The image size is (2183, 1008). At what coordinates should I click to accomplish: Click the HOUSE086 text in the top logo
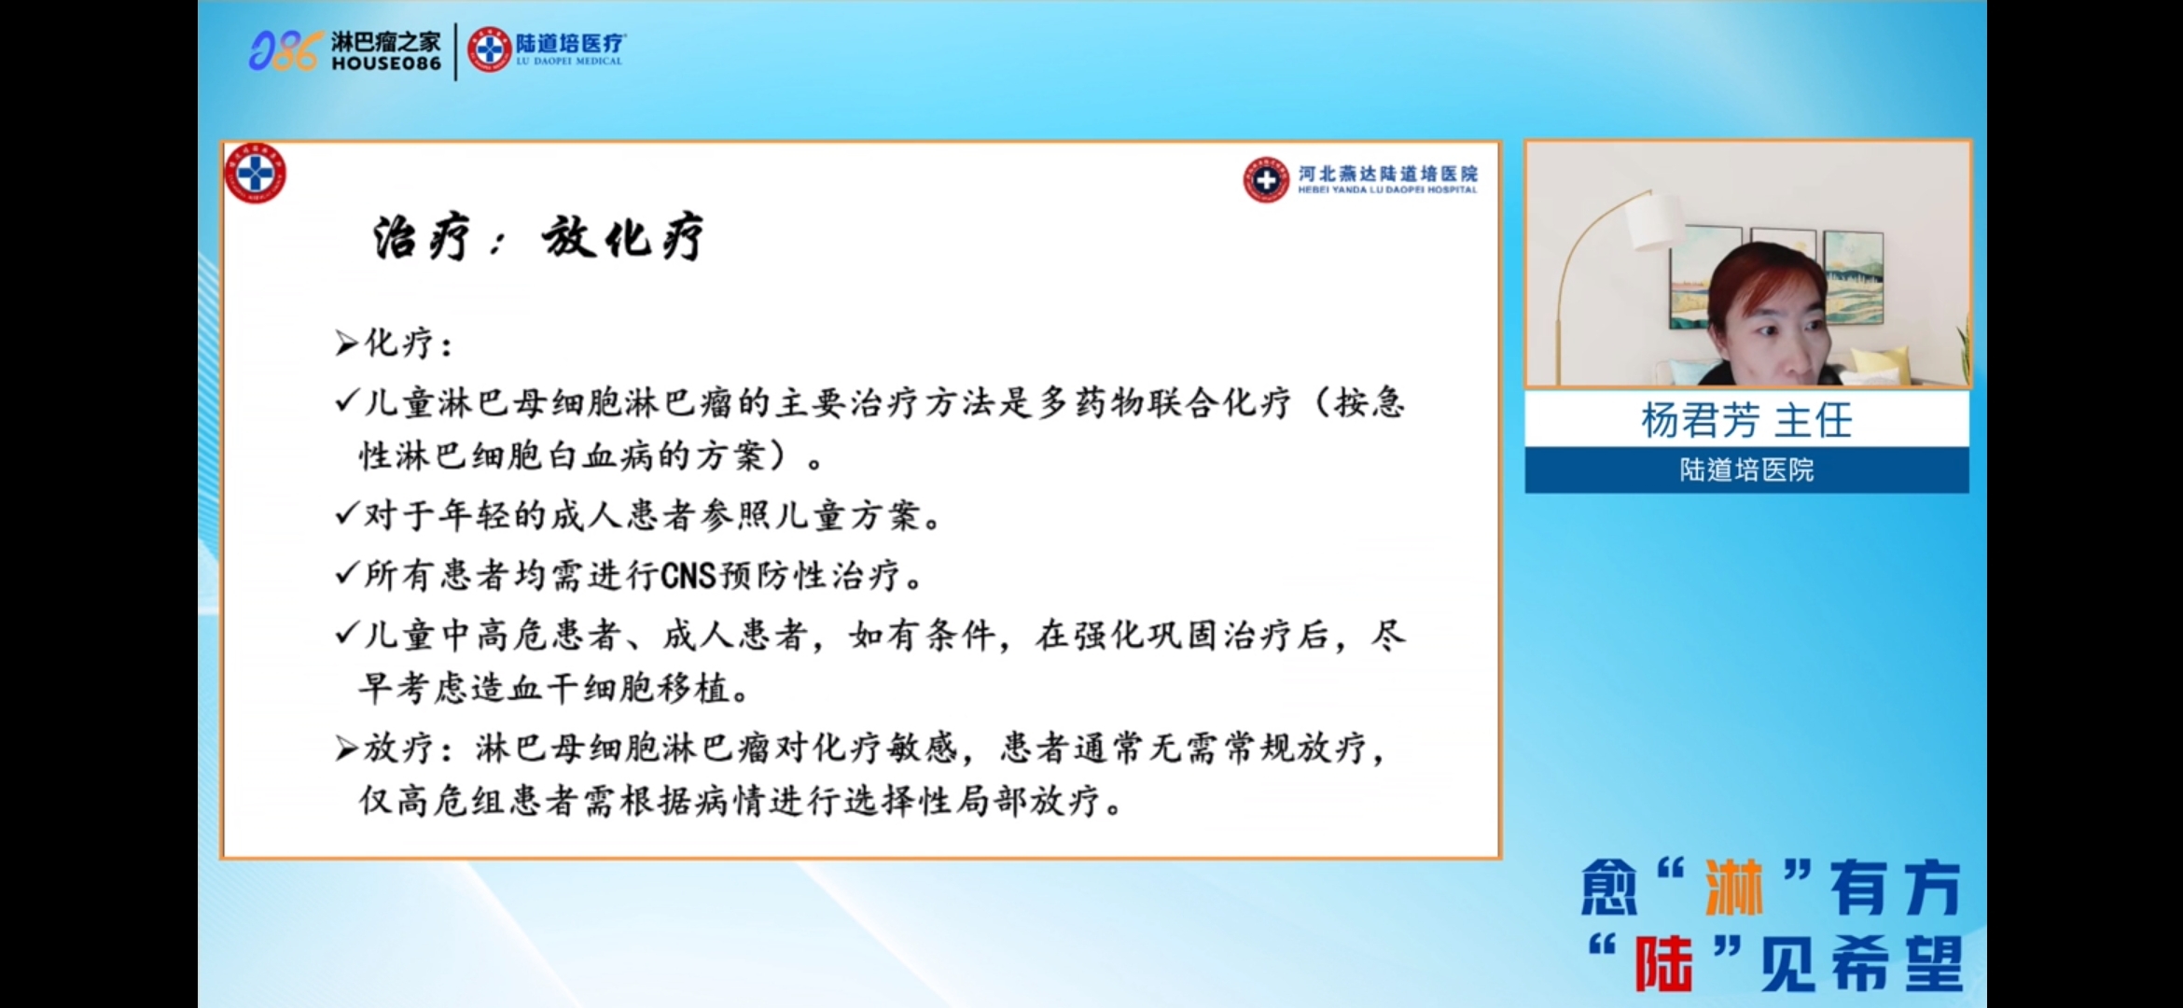(386, 63)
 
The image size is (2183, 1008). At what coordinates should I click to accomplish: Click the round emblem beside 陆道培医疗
(489, 49)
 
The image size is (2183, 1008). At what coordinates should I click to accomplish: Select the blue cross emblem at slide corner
(255, 174)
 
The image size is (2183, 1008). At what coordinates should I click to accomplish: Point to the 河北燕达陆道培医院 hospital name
(1388, 174)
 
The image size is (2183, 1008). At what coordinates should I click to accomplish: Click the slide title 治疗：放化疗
(538, 237)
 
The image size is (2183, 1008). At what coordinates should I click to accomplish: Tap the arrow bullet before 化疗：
(347, 344)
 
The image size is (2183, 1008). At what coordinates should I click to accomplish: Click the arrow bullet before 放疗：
(347, 749)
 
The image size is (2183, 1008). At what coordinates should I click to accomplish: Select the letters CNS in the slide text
(688, 576)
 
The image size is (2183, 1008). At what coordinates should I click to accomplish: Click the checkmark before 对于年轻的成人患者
(347, 513)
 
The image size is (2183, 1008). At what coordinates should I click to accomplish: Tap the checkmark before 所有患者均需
(347, 573)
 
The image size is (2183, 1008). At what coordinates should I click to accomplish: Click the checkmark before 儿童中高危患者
(347, 634)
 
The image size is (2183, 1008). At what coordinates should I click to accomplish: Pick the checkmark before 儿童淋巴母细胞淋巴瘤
(347, 401)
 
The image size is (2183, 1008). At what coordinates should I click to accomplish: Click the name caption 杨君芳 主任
(1746, 420)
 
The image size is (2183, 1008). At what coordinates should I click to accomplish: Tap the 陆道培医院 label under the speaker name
(1746, 469)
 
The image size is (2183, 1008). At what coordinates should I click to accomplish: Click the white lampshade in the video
(1655, 222)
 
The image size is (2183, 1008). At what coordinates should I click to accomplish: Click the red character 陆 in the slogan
(1663, 963)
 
